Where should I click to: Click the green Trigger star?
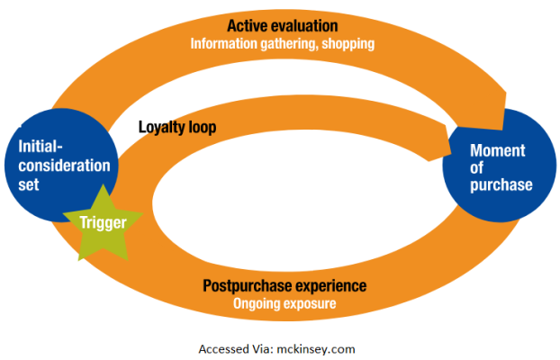(104, 225)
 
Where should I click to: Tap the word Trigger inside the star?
(103, 222)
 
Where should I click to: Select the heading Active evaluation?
(283, 26)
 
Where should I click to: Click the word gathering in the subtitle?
(289, 44)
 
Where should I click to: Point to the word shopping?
(348, 44)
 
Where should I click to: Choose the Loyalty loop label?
(177, 127)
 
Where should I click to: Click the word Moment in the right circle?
(498, 150)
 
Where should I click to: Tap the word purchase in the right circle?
(501, 185)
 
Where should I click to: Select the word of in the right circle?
(477, 167)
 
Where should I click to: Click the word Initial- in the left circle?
(41, 147)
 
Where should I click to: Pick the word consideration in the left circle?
(64, 166)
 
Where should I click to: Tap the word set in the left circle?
(29, 184)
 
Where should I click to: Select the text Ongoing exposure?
(285, 303)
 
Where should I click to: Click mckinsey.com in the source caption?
(316, 349)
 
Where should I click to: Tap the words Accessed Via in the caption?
(236, 349)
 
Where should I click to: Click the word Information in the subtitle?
(224, 43)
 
